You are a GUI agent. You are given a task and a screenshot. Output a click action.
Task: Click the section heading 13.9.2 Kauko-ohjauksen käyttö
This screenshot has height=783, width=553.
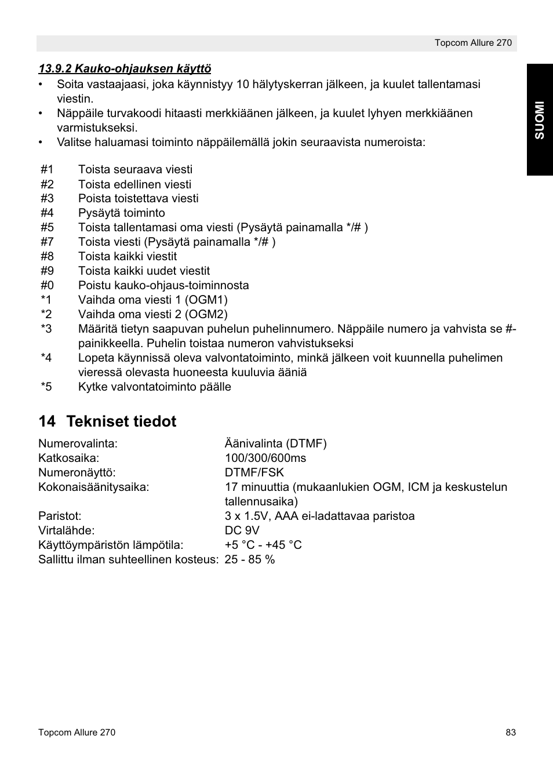click(x=125, y=69)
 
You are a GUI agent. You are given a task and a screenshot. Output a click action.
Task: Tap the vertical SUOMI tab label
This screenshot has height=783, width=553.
click(x=540, y=120)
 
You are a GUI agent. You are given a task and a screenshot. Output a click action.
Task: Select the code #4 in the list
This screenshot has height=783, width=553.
click(x=47, y=213)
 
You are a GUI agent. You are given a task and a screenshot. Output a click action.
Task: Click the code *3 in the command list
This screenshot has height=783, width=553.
click(x=46, y=329)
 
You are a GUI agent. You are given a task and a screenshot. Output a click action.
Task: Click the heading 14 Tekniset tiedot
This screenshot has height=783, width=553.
click(x=107, y=421)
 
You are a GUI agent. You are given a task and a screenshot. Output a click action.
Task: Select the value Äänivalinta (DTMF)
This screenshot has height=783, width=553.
click(x=275, y=443)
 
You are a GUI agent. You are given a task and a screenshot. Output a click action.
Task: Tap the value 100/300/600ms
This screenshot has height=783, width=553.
click(x=265, y=458)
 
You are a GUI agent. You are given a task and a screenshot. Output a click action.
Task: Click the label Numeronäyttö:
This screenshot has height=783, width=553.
click(x=77, y=472)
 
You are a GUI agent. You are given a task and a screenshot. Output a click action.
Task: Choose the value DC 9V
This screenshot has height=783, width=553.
click(x=242, y=530)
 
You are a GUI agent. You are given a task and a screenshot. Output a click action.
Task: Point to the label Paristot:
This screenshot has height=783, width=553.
click(x=60, y=516)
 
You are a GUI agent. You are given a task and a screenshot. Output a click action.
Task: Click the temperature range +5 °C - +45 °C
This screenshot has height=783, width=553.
click(x=263, y=545)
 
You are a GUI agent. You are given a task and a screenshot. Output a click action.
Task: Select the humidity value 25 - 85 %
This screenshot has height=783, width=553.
click(x=250, y=559)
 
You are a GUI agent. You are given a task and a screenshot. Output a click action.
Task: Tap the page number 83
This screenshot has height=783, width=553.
click(x=510, y=733)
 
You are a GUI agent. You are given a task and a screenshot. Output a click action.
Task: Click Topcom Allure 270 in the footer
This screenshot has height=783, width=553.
click(x=77, y=733)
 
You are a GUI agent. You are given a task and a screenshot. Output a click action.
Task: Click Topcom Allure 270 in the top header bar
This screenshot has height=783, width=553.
click(x=473, y=43)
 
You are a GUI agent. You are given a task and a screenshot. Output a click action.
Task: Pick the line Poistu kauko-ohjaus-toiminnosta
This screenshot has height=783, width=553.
click(x=163, y=285)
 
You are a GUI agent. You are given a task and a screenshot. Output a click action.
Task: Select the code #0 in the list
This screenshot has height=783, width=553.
click(x=47, y=285)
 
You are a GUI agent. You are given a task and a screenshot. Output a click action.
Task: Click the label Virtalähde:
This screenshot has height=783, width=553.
click(x=66, y=530)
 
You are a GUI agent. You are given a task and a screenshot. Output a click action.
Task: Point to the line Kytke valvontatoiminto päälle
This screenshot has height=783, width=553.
click(x=154, y=387)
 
